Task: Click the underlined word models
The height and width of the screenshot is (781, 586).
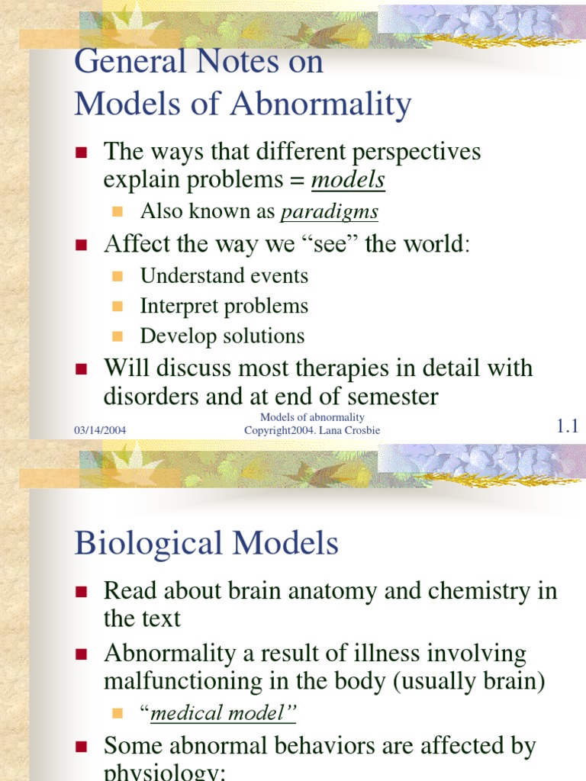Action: tap(349, 181)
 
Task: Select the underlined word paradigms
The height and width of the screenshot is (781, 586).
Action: tap(329, 211)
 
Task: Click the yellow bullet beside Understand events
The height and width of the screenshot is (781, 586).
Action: tap(118, 276)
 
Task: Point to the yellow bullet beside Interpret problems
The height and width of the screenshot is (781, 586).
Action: tap(118, 307)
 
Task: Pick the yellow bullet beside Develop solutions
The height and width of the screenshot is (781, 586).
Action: tap(118, 336)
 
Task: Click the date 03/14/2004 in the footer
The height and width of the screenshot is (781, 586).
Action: tap(100, 431)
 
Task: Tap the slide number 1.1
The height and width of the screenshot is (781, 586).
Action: tap(568, 427)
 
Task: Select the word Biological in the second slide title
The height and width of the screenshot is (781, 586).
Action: tap(148, 544)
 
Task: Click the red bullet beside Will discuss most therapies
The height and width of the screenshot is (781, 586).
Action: tap(83, 370)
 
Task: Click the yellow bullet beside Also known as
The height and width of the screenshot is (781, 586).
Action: tap(118, 211)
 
